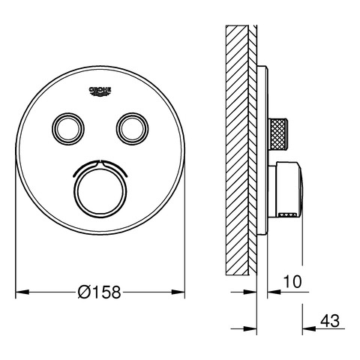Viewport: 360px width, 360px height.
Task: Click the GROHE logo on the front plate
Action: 100,91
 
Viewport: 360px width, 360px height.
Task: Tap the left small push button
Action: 68,129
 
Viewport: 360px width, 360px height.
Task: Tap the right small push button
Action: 132,129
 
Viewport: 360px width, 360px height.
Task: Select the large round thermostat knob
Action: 100,192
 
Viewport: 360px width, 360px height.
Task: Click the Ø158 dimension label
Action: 99,292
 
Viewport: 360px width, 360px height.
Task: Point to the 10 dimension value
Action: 292,282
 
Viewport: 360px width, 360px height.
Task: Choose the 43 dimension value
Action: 330,321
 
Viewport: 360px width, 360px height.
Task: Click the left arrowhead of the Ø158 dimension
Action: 22,292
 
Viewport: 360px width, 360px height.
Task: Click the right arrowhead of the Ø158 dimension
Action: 178,292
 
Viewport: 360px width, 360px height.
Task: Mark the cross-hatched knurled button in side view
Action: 278,134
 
